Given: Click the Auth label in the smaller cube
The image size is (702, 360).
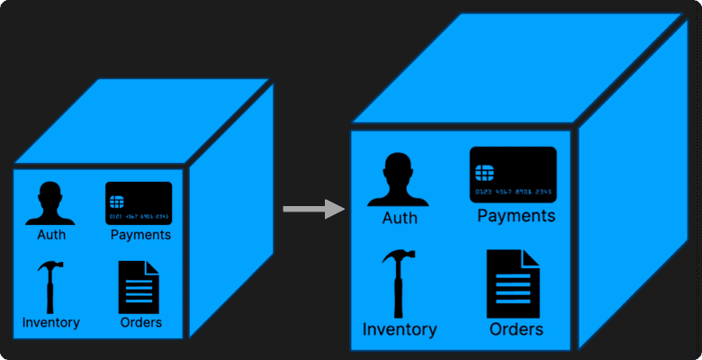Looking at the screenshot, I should pos(51,236).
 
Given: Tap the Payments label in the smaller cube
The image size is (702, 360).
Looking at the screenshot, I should pos(140,236).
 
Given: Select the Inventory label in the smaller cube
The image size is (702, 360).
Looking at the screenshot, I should pos(51,322).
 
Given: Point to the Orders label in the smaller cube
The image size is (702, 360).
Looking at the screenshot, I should pos(140,322).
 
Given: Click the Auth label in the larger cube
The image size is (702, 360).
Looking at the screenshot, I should pos(400,218).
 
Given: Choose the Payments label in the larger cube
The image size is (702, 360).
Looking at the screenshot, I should pos(516,216).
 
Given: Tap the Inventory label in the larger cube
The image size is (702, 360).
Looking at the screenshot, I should pos(400,329).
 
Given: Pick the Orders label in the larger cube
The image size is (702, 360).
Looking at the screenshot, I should pos(517,329).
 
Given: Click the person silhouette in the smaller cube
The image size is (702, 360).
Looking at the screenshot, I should pos(50,204).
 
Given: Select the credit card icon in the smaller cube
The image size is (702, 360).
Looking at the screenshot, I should pos(139,202).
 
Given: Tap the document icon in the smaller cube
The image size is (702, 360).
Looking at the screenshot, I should pos(139,287).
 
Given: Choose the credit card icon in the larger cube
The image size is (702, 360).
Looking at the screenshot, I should pos(513,175).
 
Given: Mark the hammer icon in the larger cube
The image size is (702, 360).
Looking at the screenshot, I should pos(398,283).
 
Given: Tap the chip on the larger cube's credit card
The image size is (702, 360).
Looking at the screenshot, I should pos(484,171).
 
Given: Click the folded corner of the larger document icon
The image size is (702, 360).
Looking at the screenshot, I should pos(532,258).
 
